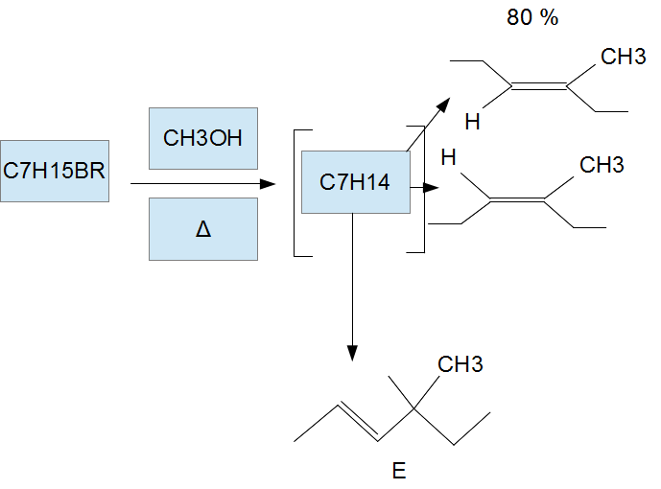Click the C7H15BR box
pyautogui.click(x=54, y=173)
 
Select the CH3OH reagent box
pyautogui.click(x=202, y=138)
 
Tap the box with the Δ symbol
pyautogui.click(x=202, y=229)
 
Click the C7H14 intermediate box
pyautogui.click(x=355, y=182)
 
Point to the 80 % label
pyautogui.click(x=532, y=18)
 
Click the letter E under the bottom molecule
pyautogui.click(x=399, y=471)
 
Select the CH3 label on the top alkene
pyautogui.click(x=623, y=58)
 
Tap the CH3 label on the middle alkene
pyautogui.click(x=602, y=166)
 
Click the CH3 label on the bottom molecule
pyautogui.click(x=460, y=364)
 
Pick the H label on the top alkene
pyautogui.click(x=472, y=122)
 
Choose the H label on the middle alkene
pyautogui.click(x=446, y=156)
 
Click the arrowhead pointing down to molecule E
pyautogui.click(x=352, y=353)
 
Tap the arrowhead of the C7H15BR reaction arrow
pyautogui.click(x=270, y=182)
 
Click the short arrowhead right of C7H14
pyautogui.click(x=431, y=188)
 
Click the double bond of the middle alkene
pyautogui.click(x=517, y=200)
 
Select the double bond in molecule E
pyautogui.click(x=357, y=421)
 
